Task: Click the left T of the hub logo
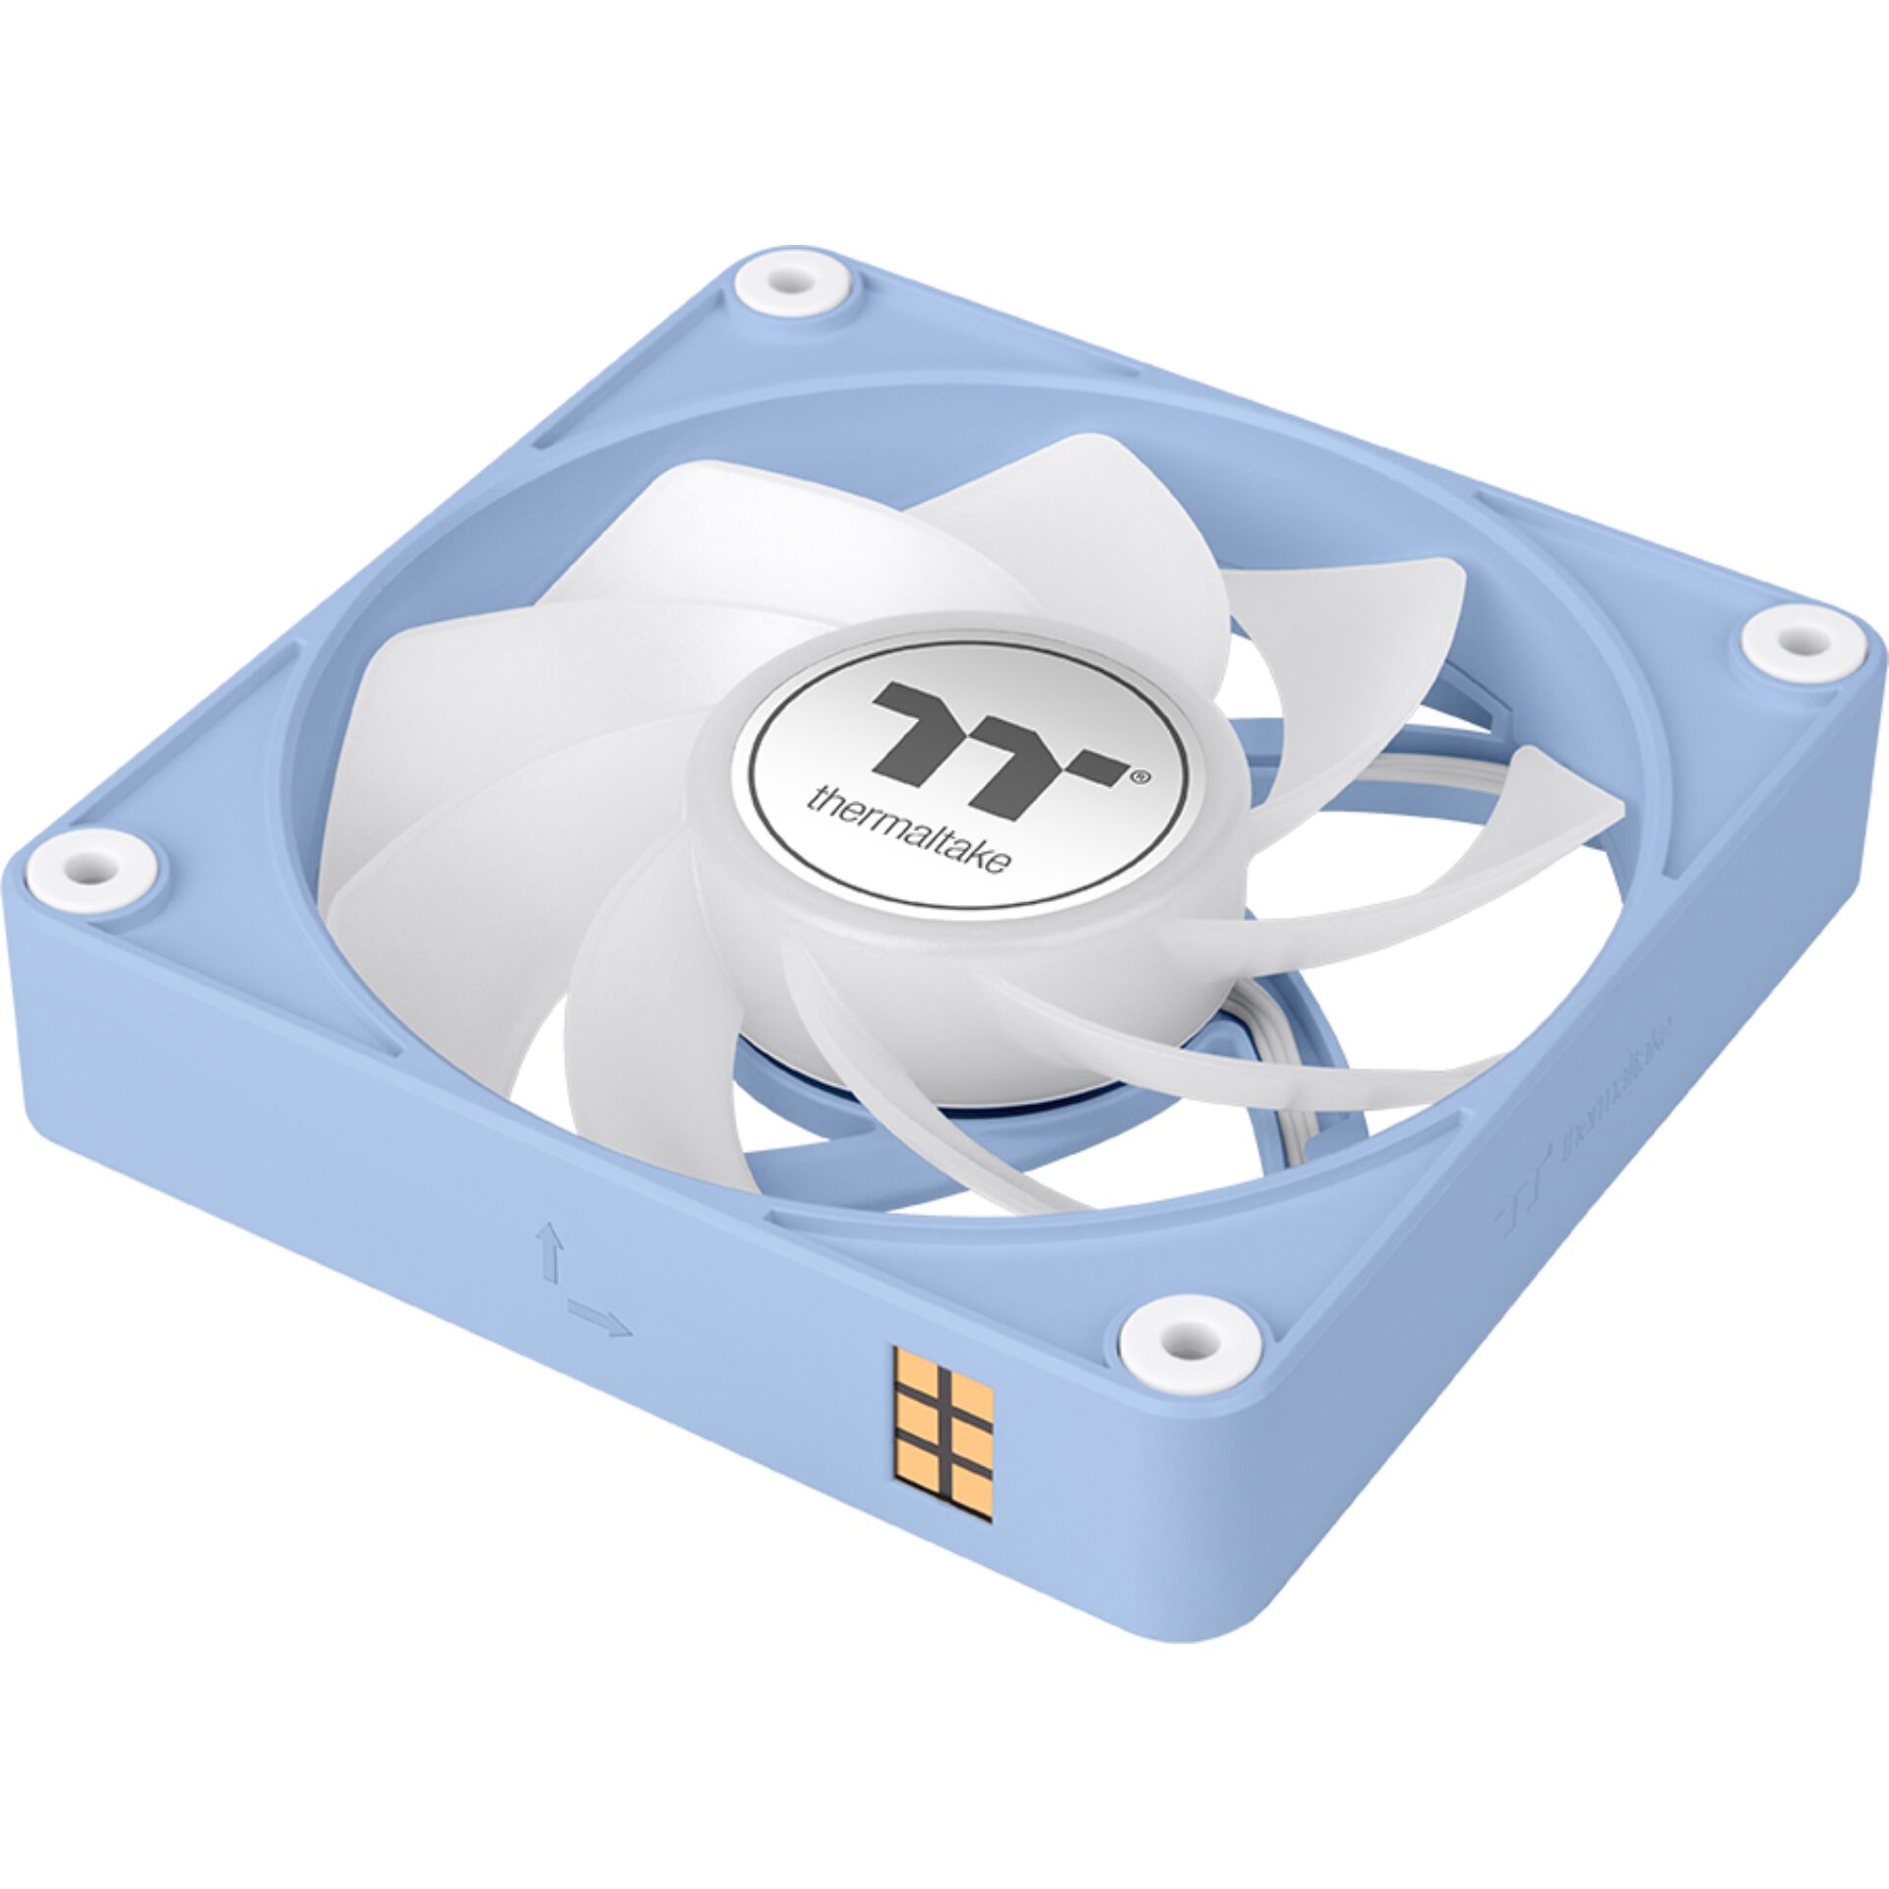point(921,724)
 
